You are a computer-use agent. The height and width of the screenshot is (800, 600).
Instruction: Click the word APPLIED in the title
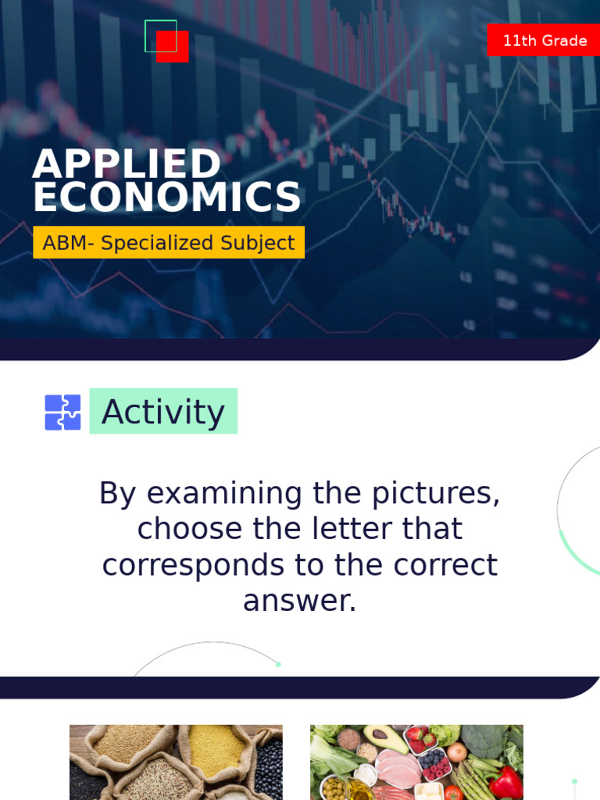tap(127, 164)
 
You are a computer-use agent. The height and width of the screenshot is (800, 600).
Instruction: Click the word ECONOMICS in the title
tap(166, 198)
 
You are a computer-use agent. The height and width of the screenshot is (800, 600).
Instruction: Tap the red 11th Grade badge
tap(544, 41)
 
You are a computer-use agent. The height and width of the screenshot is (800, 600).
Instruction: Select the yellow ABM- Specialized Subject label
tap(169, 243)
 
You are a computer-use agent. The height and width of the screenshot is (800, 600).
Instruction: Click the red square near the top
tap(173, 48)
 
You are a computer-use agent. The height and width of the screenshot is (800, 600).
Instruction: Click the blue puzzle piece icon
tap(62, 412)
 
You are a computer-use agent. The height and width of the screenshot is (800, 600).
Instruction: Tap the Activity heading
tap(163, 412)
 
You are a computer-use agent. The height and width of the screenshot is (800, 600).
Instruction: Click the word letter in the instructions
tap(355, 530)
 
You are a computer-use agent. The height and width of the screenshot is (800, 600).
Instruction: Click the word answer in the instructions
tap(299, 602)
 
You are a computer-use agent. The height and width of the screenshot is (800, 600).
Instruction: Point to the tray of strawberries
tap(420, 738)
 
